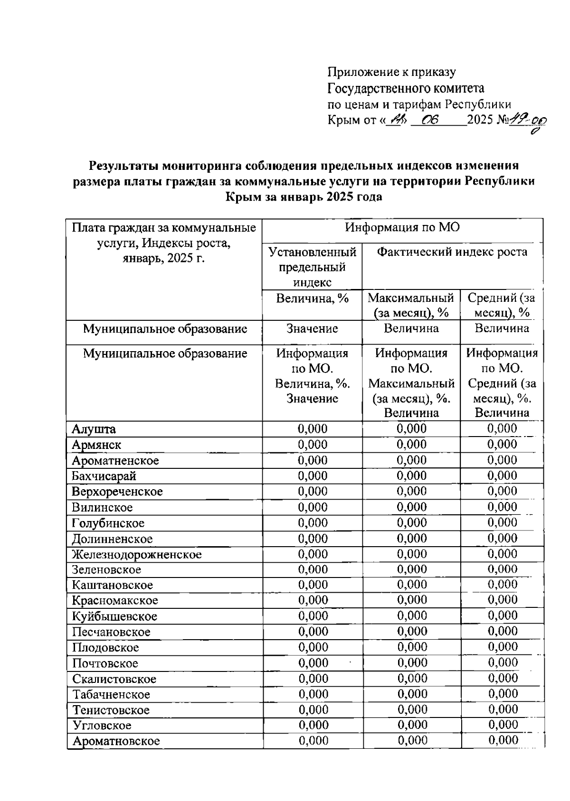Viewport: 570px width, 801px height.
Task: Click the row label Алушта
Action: (x=94, y=429)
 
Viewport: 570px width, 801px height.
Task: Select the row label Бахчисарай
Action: (x=104, y=476)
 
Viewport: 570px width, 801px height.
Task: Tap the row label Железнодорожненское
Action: (x=137, y=554)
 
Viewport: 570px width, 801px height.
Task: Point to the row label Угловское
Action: (x=102, y=725)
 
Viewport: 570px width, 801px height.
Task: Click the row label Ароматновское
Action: (x=116, y=741)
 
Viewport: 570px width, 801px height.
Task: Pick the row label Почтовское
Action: (x=105, y=663)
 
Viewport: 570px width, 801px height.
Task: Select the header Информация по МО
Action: (x=402, y=227)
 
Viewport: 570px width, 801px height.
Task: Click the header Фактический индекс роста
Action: (x=452, y=252)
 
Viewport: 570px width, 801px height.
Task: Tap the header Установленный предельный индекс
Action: (x=312, y=267)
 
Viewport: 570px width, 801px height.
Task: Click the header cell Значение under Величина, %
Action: (x=312, y=329)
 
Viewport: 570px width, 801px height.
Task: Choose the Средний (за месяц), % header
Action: (x=502, y=305)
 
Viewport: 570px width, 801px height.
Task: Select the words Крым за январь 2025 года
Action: (x=304, y=196)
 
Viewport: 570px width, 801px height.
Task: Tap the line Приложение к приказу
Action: (x=391, y=72)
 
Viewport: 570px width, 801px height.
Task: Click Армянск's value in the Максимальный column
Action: (x=411, y=445)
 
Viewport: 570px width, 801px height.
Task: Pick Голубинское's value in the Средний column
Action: (x=502, y=522)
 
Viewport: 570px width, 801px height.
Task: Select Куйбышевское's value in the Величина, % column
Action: (x=313, y=616)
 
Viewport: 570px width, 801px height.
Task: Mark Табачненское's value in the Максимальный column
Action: (x=411, y=694)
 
